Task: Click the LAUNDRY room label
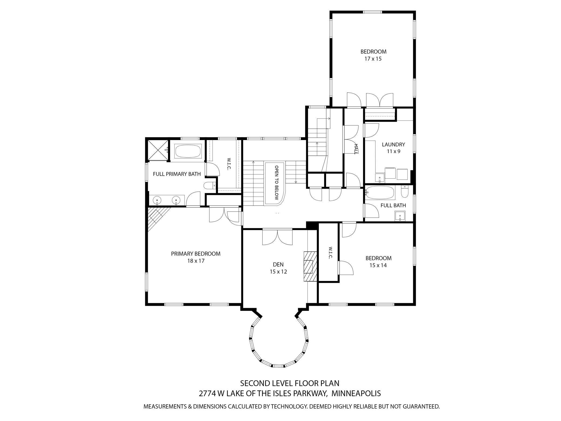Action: (393, 144)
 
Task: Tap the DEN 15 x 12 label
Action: (278, 268)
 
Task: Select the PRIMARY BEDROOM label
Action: (196, 254)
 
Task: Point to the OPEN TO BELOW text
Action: (276, 183)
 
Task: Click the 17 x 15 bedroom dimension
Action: (373, 59)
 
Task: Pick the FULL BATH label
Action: (393, 205)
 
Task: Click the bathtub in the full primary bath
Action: (188, 151)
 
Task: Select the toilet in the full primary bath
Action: (208, 185)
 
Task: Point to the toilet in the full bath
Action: (405, 192)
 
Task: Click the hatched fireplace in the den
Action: (310, 266)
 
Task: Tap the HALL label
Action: (356, 149)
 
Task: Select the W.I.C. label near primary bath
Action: (229, 164)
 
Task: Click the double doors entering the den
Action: (277, 237)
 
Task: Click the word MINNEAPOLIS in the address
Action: (356, 393)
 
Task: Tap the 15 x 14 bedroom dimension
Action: (378, 265)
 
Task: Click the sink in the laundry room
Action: (380, 178)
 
